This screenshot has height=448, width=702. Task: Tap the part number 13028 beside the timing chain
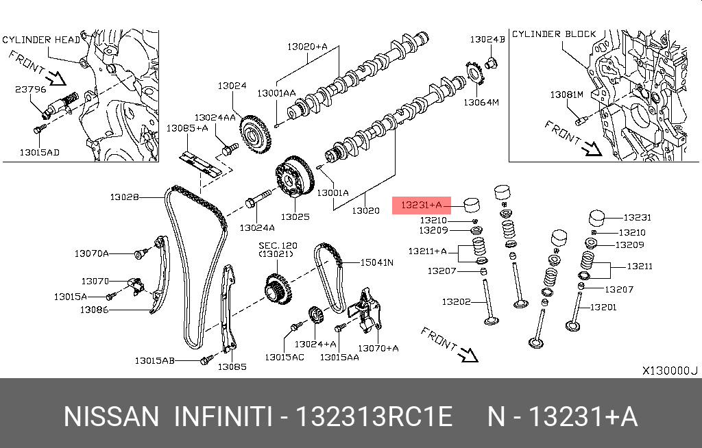click(124, 197)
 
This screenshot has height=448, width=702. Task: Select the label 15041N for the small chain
click(378, 262)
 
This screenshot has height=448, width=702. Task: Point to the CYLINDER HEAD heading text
click(40, 40)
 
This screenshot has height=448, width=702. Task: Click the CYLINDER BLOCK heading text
click(554, 34)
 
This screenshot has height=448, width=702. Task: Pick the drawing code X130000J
click(669, 371)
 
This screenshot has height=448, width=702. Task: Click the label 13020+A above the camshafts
click(307, 47)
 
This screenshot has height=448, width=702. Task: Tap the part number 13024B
click(487, 40)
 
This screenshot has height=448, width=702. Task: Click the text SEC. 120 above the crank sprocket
click(278, 245)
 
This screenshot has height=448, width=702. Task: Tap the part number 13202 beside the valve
click(456, 301)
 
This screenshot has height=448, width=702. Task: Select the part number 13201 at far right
click(603, 307)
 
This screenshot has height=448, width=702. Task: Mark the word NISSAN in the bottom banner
click(110, 416)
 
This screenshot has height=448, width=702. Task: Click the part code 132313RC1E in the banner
click(374, 416)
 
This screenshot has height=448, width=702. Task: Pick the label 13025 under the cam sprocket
click(295, 217)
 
